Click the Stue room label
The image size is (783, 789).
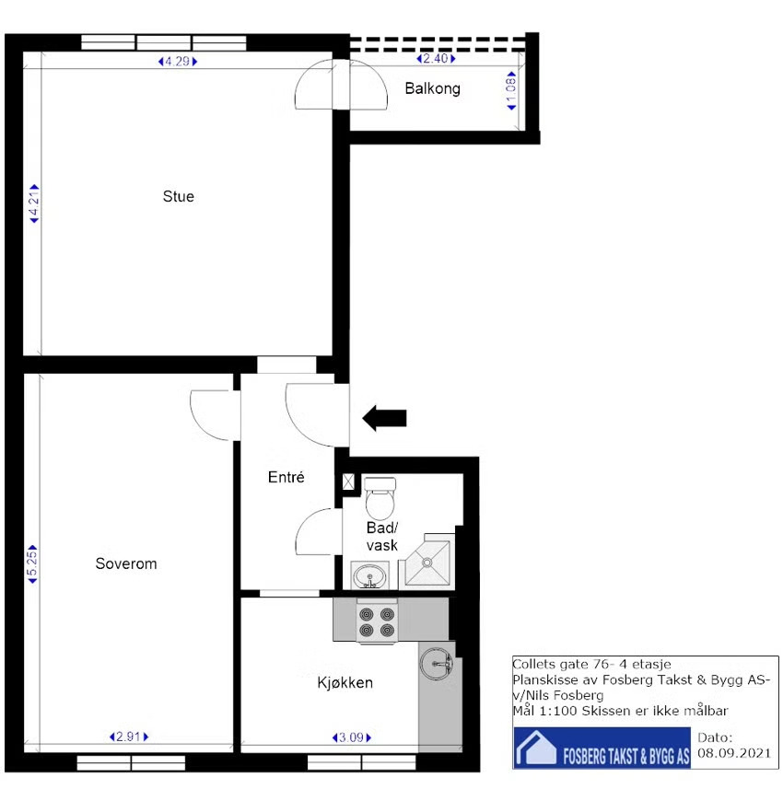point(179,196)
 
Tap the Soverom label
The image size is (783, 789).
point(126,563)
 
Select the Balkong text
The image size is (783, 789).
point(433,88)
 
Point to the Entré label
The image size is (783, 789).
point(286,477)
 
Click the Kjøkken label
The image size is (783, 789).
point(345,683)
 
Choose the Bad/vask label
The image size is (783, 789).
point(382,537)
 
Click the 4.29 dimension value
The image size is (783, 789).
point(177,62)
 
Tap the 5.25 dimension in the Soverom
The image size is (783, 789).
point(32,564)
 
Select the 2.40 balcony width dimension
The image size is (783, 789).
point(436,59)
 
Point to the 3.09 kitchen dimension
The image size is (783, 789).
point(352,737)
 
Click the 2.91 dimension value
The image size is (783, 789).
point(129,737)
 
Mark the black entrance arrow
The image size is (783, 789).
point(384,418)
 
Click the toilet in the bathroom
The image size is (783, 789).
point(380,498)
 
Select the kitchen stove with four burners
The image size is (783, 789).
point(377,622)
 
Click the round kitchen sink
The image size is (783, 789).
point(437,663)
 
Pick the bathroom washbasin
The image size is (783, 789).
point(369,575)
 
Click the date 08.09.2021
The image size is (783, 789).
point(734,753)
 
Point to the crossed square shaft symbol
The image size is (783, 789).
point(348,482)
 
